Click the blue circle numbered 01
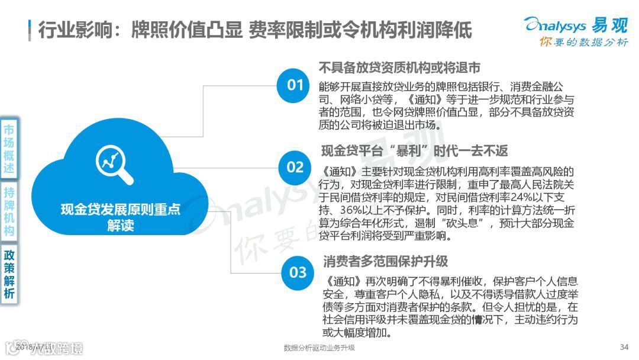click(295, 85)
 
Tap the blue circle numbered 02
click(295, 167)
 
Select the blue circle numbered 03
click(298, 272)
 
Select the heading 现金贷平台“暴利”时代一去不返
click(414, 150)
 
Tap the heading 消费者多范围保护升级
click(385, 260)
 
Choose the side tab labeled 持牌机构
click(9, 211)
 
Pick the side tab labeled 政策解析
click(9, 274)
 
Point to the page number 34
click(624, 347)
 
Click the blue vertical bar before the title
click(30, 30)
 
